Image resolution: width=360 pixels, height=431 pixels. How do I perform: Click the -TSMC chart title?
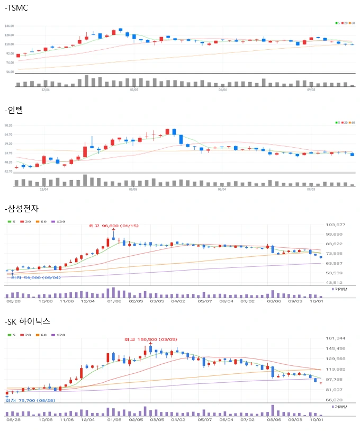(x=16, y=8)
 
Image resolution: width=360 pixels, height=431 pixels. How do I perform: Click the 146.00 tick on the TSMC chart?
(x=9, y=26)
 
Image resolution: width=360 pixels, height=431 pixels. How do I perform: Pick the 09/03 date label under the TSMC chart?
(x=311, y=89)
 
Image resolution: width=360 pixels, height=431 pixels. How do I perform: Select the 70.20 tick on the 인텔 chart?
(x=8, y=125)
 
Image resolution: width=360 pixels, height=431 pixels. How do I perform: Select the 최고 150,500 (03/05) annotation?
(x=151, y=339)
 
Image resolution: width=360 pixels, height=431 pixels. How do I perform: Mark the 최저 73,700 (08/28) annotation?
(x=30, y=401)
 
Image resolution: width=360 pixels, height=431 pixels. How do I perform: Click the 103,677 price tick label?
(x=336, y=225)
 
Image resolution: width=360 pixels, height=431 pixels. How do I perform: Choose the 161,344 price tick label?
(x=336, y=338)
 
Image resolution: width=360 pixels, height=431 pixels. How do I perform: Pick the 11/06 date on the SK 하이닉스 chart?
(x=67, y=419)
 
